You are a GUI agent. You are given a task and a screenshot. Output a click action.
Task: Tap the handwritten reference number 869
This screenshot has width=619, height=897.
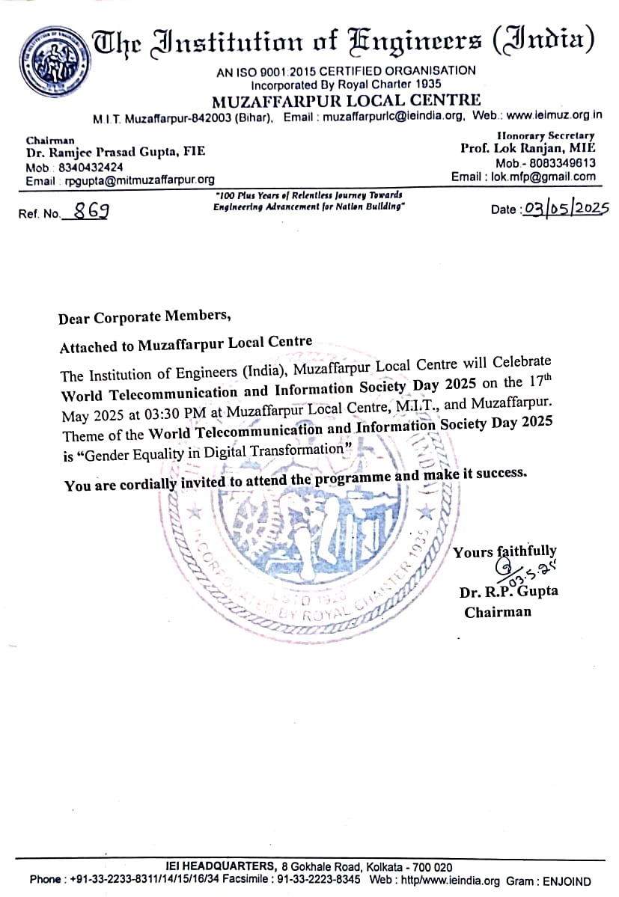point(88,211)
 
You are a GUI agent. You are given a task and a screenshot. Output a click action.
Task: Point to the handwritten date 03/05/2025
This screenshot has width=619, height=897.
point(567,207)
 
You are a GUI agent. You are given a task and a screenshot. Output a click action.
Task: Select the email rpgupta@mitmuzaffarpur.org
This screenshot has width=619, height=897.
point(135,180)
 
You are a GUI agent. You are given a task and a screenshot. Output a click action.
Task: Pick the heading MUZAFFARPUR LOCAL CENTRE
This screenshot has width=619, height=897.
point(347,100)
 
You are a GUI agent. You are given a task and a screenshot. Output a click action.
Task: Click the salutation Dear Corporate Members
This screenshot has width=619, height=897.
point(144,317)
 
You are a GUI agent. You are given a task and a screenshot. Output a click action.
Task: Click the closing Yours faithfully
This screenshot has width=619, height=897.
point(505,551)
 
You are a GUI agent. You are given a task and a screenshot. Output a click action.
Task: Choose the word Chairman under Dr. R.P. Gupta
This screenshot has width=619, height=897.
point(498,612)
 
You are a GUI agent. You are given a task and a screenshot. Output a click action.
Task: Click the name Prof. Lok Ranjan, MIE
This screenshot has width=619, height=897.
point(528,149)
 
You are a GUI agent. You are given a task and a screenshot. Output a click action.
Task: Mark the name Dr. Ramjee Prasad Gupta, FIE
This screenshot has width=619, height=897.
point(115,153)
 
